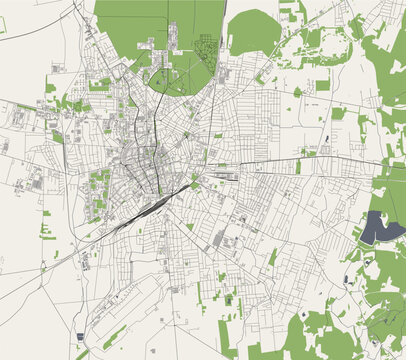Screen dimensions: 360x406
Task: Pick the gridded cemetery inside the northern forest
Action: coord(208,46)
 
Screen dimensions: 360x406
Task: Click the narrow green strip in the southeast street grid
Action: coord(272,257)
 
